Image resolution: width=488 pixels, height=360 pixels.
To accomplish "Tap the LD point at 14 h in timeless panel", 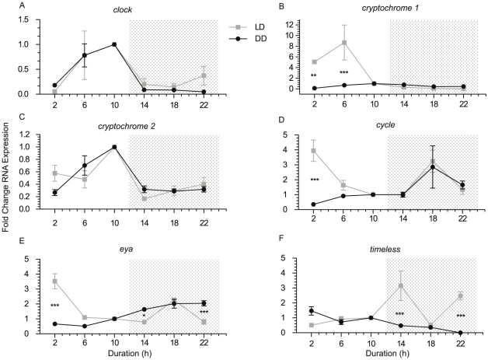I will (400, 285).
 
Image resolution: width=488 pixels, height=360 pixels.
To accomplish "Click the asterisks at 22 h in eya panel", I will (205, 313).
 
